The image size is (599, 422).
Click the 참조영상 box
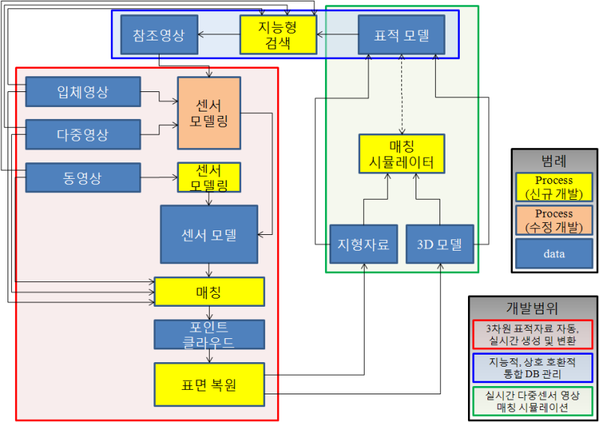tap(158, 35)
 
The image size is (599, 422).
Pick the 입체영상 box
tap(82, 92)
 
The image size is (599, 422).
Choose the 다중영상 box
tap(82, 135)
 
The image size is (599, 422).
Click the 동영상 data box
tap(82, 177)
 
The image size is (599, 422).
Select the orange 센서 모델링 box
tap(209, 112)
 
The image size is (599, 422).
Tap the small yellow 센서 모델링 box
tap(209, 177)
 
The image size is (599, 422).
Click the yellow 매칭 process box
tap(209, 291)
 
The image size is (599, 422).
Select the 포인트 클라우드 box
tap(209, 334)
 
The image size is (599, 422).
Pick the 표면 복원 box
tap(209, 385)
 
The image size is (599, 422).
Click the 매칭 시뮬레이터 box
tap(401, 153)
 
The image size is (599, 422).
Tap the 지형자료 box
tap(363, 244)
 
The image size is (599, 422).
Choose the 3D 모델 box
tap(440, 244)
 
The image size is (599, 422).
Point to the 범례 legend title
tap(553, 160)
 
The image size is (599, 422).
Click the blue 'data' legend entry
tap(554, 254)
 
